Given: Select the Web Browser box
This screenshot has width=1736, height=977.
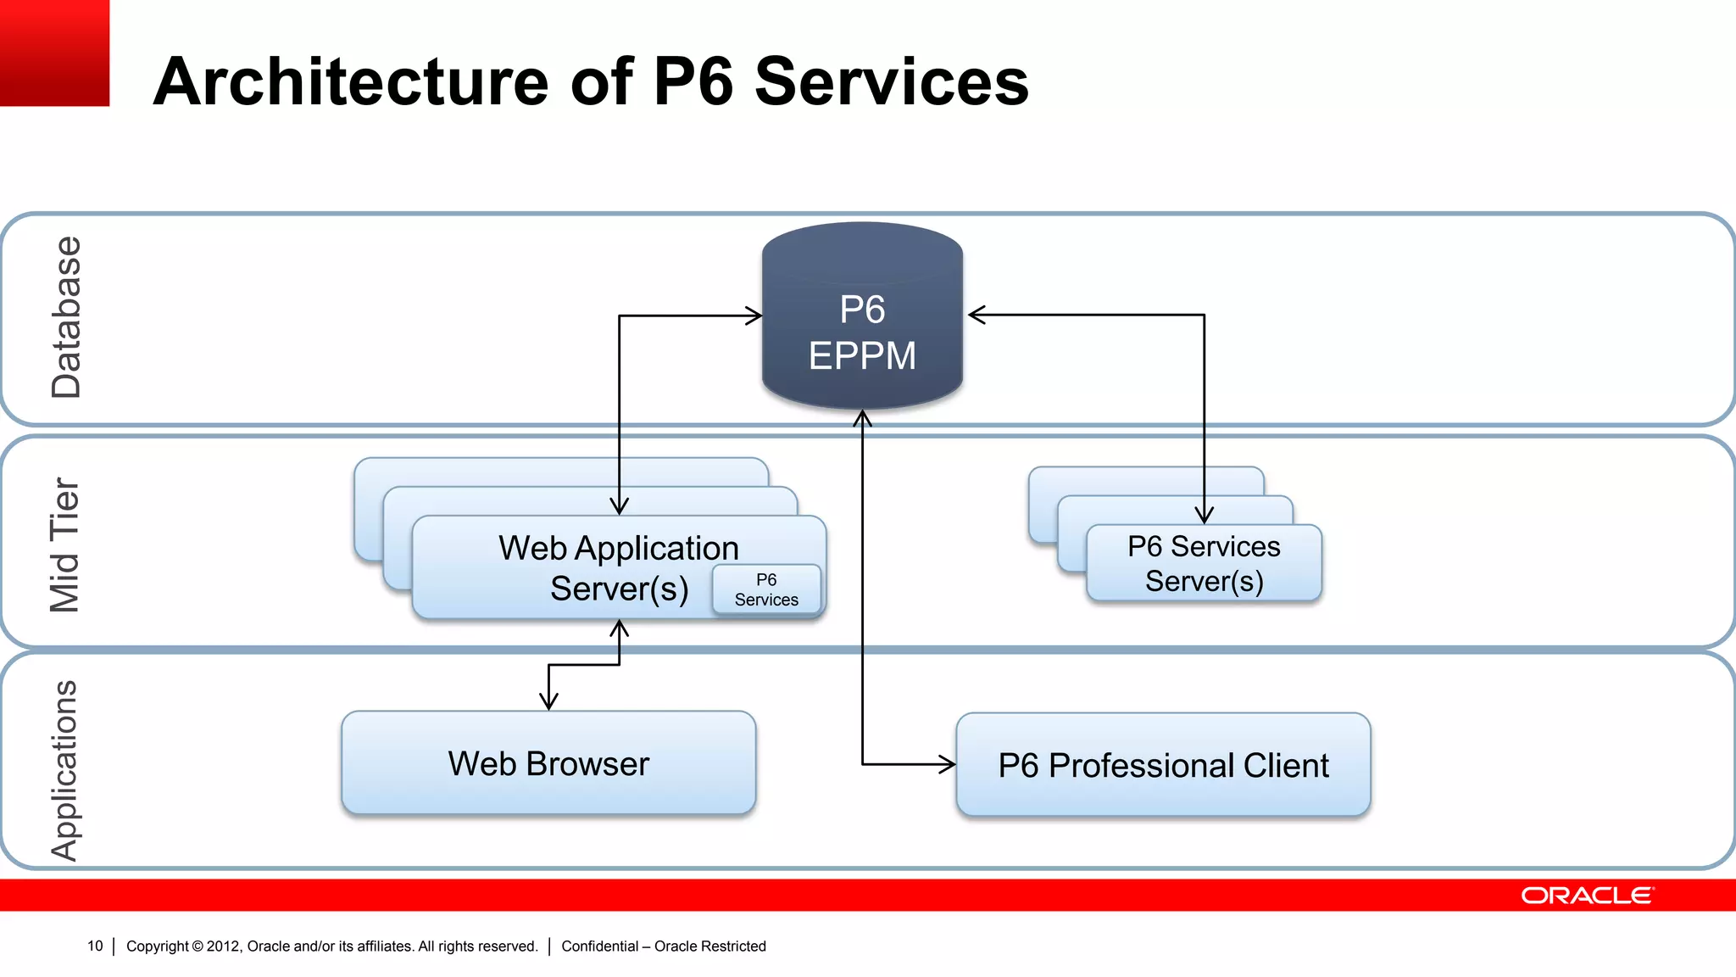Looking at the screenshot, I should click(548, 762).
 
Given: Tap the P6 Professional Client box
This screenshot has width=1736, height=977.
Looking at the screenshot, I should click(1163, 764).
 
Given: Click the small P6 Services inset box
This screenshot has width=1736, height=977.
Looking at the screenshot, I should click(766, 589).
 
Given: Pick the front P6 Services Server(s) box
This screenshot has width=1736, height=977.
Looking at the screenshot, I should click(1204, 564).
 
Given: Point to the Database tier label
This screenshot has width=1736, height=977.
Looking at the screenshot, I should click(66, 317).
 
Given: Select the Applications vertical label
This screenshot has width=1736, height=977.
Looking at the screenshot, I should click(64, 769).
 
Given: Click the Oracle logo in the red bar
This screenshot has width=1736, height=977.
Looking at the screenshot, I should click(1587, 896).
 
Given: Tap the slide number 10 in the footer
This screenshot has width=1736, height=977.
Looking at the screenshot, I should click(95, 946).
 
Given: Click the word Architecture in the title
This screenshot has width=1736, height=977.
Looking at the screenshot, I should click(351, 81).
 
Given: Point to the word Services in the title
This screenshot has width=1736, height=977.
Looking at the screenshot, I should click(891, 81).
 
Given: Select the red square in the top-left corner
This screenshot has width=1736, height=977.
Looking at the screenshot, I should click(54, 53).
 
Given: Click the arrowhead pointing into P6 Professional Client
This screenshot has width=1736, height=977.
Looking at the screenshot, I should click(948, 764).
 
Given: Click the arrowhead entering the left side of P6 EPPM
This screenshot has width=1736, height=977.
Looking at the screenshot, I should click(754, 315).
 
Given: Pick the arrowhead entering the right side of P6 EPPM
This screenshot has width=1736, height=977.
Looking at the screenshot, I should click(976, 315).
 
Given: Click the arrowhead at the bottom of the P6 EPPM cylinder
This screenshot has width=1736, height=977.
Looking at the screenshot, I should click(862, 418).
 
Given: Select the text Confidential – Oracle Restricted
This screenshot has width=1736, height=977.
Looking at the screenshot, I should click(663, 946).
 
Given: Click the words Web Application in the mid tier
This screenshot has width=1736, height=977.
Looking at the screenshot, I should click(618, 548).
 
